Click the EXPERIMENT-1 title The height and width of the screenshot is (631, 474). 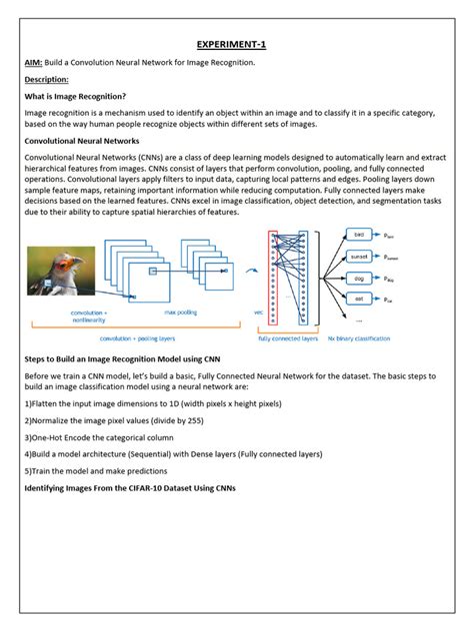(236, 44)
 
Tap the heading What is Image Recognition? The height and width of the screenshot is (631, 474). (75, 96)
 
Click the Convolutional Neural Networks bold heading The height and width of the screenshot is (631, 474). (81, 142)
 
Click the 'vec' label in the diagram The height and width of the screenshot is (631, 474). (257, 312)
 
